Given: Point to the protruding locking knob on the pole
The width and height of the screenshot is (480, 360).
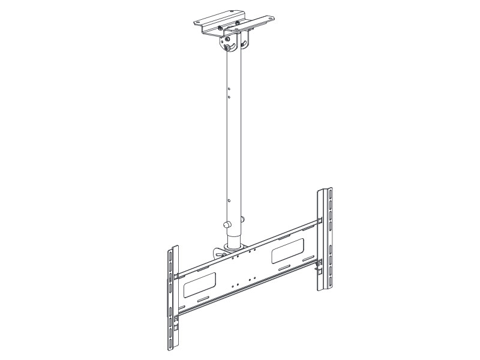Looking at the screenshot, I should pyautogui.click(x=227, y=225).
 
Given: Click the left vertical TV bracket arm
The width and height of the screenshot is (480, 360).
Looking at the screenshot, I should pyautogui.click(x=172, y=300).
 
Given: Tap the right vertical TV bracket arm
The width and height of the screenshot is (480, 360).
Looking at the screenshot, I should pyautogui.click(x=325, y=240).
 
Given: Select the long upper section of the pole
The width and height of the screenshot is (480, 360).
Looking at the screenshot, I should pyautogui.click(x=234, y=132).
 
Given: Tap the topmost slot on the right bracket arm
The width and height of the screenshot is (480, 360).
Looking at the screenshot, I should pyautogui.click(x=329, y=196).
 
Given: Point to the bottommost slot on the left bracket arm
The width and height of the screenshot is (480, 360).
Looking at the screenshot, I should pyautogui.click(x=172, y=345).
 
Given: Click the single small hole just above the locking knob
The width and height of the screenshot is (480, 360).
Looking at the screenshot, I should pyautogui.click(x=228, y=202).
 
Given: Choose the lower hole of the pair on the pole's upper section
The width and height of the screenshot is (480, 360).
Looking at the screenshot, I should pyautogui.click(x=228, y=95).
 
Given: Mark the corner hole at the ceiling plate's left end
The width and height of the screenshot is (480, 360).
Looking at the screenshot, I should pyautogui.click(x=198, y=22).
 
